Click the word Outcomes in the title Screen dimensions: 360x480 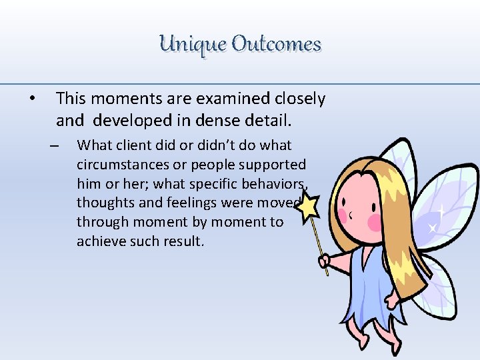point(277,45)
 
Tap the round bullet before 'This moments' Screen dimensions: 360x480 point(31,99)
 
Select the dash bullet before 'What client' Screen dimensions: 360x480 point(55,146)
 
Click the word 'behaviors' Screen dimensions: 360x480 point(270,183)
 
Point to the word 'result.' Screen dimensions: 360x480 point(179,241)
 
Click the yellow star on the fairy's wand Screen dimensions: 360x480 point(308,207)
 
